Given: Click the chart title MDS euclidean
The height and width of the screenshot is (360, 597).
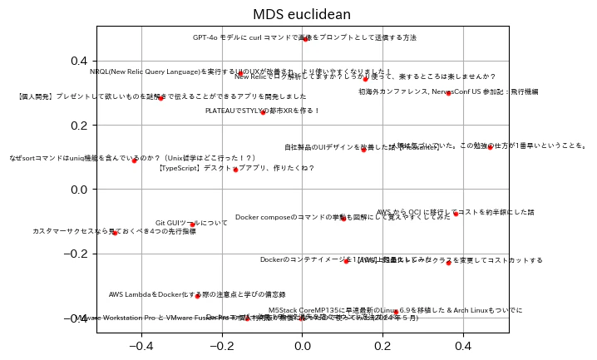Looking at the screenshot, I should [x=302, y=14].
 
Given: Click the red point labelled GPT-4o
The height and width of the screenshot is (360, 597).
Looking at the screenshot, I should [x=305, y=38].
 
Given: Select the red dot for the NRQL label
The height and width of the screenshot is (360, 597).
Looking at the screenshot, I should [x=239, y=73].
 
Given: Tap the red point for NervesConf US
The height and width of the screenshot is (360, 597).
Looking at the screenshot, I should [x=448, y=93].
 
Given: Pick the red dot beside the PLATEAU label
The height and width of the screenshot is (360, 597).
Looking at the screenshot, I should [x=263, y=111].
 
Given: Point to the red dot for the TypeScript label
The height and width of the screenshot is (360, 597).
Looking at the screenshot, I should [x=235, y=170].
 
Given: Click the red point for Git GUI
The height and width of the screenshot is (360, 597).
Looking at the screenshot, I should [x=192, y=224].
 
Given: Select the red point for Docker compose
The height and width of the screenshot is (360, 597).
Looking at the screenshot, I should [x=343, y=219].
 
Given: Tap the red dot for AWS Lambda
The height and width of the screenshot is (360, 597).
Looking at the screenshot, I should [x=198, y=296].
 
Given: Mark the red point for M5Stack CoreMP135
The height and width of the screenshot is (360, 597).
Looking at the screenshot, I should [x=396, y=313].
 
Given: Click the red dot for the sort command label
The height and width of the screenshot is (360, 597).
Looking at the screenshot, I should [x=134, y=160].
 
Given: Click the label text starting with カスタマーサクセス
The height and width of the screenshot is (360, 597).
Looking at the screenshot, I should [x=114, y=231].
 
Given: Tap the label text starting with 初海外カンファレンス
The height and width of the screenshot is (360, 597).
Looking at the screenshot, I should [x=448, y=91].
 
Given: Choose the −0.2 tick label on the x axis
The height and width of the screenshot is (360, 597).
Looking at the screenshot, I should [x=218, y=344].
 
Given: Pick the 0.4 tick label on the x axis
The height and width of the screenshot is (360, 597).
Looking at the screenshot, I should [x=462, y=344].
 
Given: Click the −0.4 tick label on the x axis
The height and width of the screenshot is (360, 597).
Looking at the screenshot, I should [x=137, y=344].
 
